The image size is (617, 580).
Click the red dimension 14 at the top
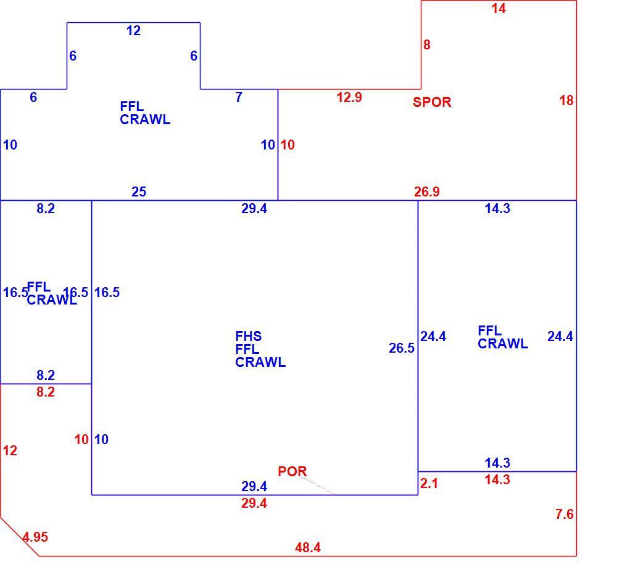pos(499,9)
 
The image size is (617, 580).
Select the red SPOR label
pos(432,103)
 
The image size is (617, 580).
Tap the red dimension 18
pos(566,101)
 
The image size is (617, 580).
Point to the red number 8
pos(427,45)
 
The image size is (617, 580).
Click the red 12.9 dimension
pos(349,98)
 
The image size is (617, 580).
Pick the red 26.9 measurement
pos(427,192)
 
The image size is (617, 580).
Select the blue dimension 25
pos(139,192)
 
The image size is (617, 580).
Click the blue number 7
pos(239,98)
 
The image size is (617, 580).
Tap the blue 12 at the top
pos(133,31)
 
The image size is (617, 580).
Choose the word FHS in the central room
pos(248,337)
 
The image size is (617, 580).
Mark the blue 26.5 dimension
pos(402,348)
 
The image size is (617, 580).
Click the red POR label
pos(292,471)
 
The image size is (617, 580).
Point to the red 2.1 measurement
pos(429,484)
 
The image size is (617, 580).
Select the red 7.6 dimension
pos(565,514)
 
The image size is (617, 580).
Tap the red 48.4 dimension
pos(308,548)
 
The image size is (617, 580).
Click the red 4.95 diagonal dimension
pos(35,537)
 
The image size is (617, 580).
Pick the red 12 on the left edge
pos(10,451)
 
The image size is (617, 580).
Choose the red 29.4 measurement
pos(254,503)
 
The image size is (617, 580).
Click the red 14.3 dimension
pos(497,480)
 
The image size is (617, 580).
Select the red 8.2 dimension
pos(46,392)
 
